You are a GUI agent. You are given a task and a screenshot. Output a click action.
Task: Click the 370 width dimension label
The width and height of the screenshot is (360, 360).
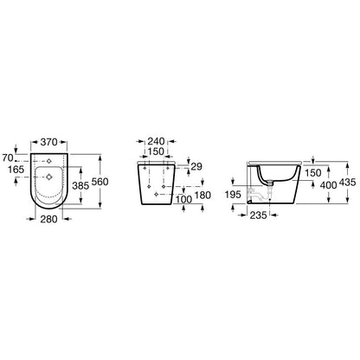pyautogui.click(x=48, y=142)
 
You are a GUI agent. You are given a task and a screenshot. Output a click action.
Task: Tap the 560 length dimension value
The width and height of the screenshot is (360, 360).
pyautogui.click(x=100, y=182)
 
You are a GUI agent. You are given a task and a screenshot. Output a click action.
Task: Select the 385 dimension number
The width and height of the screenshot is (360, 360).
pyautogui.click(x=80, y=186)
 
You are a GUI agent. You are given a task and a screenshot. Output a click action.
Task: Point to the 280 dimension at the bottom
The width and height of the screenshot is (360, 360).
pyautogui.click(x=48, y=219)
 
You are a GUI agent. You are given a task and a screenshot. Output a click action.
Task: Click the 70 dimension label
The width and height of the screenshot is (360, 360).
pyautogui.click(x=8, y=158)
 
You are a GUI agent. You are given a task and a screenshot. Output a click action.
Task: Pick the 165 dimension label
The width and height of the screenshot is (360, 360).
pyautogui.click(x=16, y=170)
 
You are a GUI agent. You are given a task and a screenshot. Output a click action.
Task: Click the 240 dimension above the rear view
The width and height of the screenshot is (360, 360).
pyautogui.click(x=156, y=141)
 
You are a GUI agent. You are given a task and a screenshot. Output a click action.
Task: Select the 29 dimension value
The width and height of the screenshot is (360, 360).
pyautogui.click(x=196, y=166)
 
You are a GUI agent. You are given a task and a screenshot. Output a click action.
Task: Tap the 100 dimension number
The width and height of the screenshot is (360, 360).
pyautogui.click(x=183, y=200)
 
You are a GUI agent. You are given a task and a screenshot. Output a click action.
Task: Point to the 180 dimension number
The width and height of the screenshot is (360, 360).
pyautogui.click(x=202, y=196)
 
